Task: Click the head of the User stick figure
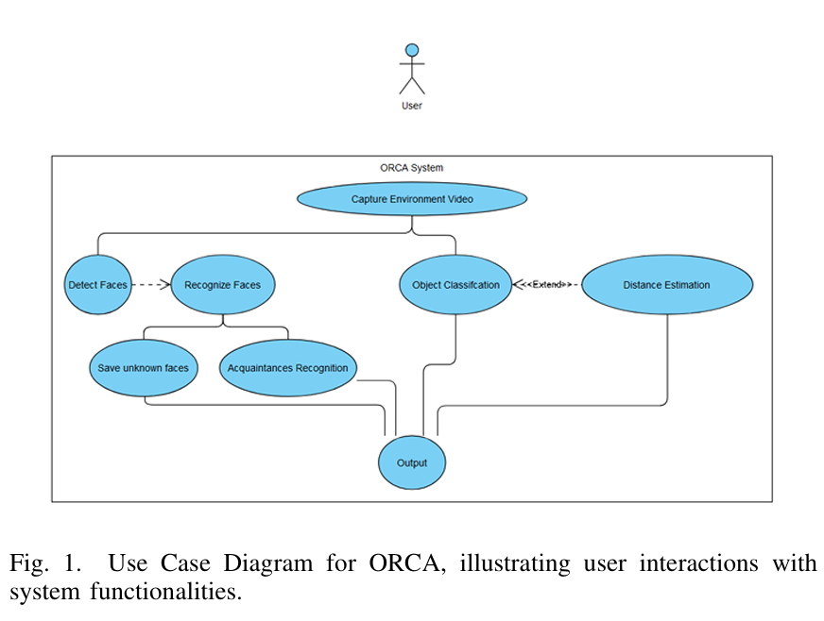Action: coord(412,49)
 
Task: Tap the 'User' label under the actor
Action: coord(412,106)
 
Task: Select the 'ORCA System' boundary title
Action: coord(411,168)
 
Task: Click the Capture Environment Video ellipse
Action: coord(412,199)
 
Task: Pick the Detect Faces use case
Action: coord(97,284)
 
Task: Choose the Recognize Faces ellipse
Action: coord(222,284)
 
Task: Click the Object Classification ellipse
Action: coord(455,284)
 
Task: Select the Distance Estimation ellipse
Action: coord(666,284)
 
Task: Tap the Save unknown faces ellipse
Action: coord(144,367)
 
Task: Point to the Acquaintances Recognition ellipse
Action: coord(288,367)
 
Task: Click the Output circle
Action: coord(411,462)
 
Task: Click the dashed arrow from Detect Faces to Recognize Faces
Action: coord(148,284)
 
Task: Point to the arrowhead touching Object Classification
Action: coord(518,284)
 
